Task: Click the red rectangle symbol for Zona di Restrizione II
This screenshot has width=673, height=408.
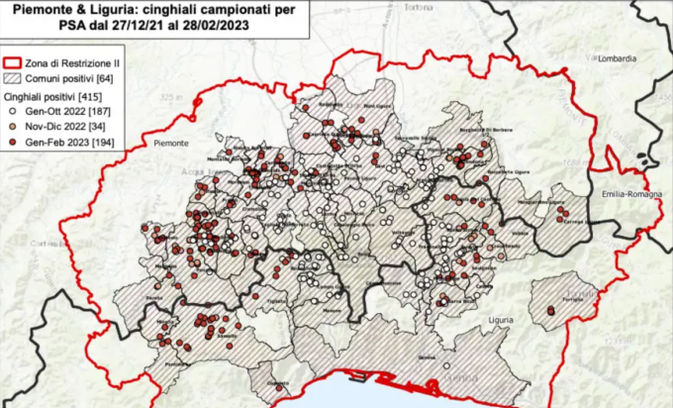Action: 14,62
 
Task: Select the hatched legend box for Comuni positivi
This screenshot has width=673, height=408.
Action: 14,76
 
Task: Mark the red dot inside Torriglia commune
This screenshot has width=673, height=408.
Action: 549,311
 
